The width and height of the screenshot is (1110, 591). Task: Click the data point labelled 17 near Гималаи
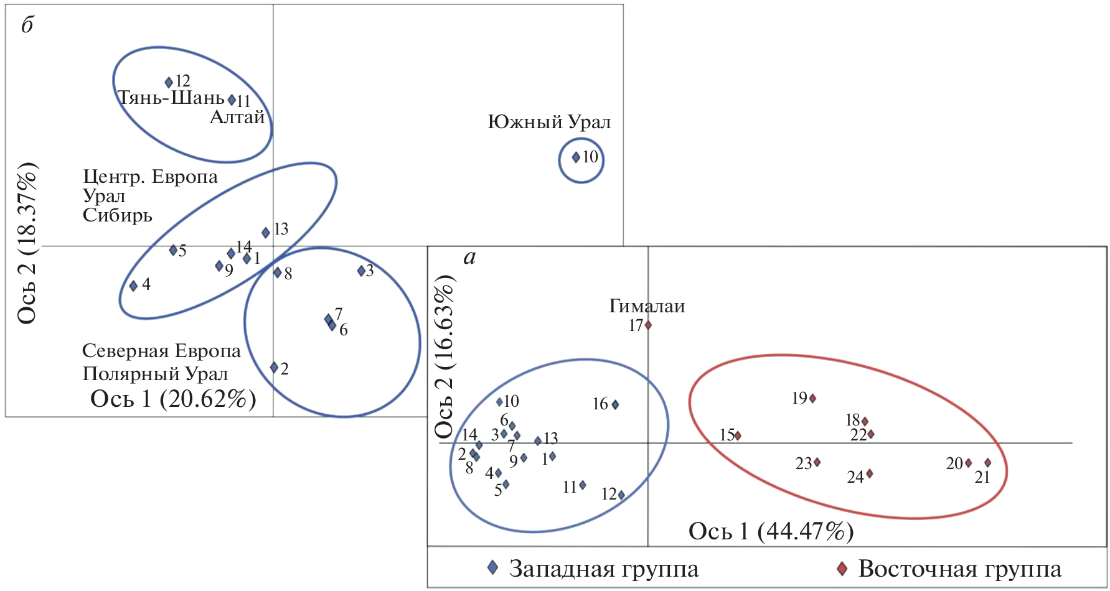pos(648,325)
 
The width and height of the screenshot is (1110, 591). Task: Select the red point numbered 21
pos(987,463)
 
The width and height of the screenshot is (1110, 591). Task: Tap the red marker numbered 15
pos(738,435)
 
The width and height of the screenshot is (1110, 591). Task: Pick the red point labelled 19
pos(812,398)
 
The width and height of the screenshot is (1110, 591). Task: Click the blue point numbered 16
pos(615,404)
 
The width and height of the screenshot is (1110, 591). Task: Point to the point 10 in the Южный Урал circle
pos(576,157)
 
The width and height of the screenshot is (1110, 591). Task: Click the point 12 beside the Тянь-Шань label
pos(169,82)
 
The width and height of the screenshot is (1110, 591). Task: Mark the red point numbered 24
pos(870,473)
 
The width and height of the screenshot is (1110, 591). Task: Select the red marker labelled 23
pos(817,462)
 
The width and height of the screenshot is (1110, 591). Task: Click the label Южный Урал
pos(549,122)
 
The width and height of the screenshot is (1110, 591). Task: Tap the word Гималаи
pos(647,306)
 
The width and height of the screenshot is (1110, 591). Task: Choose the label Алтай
pos(237,117)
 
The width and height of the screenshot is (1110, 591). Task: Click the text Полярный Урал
pos(155,374)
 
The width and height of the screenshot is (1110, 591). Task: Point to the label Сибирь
pos(118,215)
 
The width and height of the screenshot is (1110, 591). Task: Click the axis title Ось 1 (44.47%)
pos(771,531)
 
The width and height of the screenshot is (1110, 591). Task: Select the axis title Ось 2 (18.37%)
pos(27,243)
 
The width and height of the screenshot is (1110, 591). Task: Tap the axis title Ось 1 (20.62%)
pos(173,399)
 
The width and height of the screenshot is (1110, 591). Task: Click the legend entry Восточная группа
pos(959,569)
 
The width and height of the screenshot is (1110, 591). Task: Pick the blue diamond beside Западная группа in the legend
pos(492,567)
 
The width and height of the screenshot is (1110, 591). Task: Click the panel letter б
pos(27,25)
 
